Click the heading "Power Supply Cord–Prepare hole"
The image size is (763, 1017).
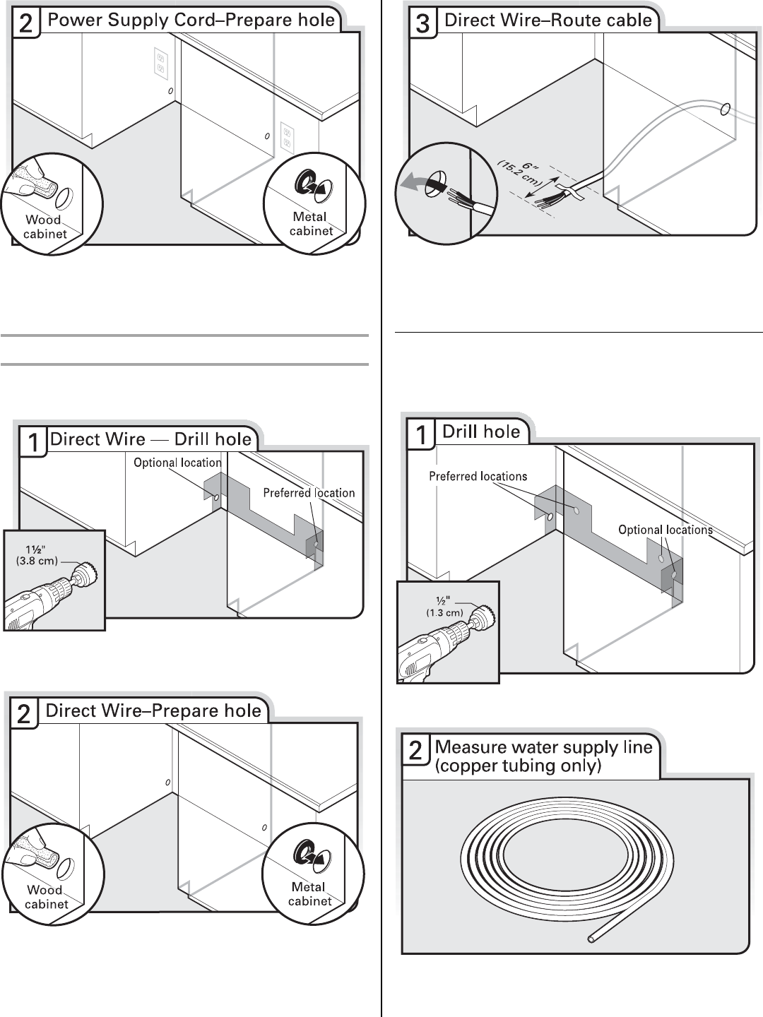coord(191,20)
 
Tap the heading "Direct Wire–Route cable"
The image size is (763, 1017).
coord(548,20)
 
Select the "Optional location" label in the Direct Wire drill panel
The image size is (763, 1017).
coord(177,463)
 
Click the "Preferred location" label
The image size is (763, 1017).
coord(309,493)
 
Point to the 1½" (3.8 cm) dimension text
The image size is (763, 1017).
coord(37,555)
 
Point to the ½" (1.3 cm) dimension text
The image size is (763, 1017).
coord(444,607)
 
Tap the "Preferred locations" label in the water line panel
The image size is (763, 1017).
coord(478,477)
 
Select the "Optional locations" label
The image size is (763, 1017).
coord(665,530)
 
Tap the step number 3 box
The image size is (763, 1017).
coord(422,23)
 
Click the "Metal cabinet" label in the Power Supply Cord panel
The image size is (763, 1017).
coord(310,224)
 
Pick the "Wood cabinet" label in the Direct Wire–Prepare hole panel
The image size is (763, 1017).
coord(46,897)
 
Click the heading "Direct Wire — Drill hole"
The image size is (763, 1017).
coord(150,439)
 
